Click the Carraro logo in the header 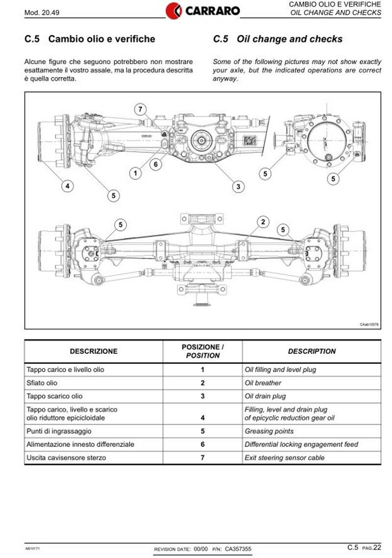click(x=202, y=10)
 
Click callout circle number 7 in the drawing click(x=141, y=109)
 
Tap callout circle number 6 click(x=156, y=164)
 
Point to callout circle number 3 click(x=238, y=186)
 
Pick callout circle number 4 click(x=68, y=186)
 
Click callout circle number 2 click(x=263, y=222)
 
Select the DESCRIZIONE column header click(x=94, y=351)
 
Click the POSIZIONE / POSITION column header click(x=202, y=351)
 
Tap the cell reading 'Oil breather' click(x=263, y=383)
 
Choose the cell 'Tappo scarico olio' click(x=54, y=396)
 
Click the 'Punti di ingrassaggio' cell click(x=59, y=431)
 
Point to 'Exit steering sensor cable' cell click(x=285, y=457)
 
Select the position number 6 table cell click(x=202, y=444)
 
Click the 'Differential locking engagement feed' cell click(x=301, y=444)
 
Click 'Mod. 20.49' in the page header click(x=41, y=12)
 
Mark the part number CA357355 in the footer click(x=239, y=549)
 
